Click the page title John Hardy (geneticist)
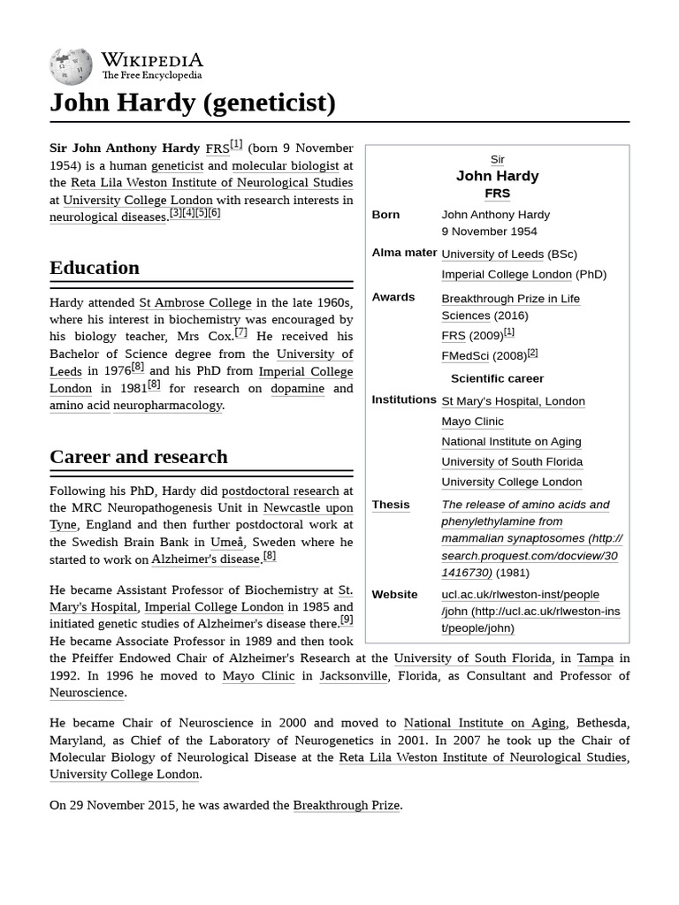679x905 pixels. pos(193,103)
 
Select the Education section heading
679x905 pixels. pos(95,268)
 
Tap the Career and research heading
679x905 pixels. pos(139,457)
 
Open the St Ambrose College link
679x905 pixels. pos(195,302)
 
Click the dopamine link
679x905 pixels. pos(297,388)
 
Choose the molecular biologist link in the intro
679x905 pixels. pos(286,165)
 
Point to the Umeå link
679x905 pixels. pos(226,542)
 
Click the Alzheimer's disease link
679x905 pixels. pos(206,559)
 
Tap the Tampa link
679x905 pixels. pos(595,658)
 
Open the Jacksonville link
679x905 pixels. pos(353,676)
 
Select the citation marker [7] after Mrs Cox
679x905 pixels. pos(240,333)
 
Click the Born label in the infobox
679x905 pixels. pos(385,215)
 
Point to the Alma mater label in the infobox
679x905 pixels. pos(404,253)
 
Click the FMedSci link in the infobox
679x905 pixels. pos(465,356)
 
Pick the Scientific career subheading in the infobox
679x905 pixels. pos(497,378)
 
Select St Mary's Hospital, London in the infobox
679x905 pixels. pos(513,401)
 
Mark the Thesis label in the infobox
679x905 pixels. pos(391,505)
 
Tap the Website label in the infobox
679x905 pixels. pos(394,595)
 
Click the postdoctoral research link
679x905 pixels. pos(280,491)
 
